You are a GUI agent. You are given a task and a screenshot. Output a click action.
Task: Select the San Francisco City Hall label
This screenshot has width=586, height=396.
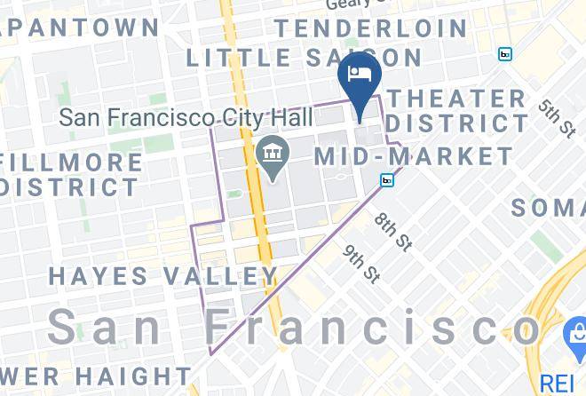tap(186, 117)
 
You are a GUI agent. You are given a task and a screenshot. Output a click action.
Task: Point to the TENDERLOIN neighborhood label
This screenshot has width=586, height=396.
tap(370, 28)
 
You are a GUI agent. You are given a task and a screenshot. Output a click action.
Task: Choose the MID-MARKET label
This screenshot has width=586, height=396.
tap(415, 157)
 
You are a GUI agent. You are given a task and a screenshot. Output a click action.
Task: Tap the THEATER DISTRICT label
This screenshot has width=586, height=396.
tap(457, 110)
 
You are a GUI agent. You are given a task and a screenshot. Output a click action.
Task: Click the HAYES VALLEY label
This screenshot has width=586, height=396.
tap(163, 275)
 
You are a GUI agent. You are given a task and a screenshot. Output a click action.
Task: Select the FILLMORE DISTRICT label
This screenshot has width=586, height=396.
tap(70, 175)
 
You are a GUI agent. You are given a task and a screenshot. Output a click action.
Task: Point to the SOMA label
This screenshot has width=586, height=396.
tap(548, 207)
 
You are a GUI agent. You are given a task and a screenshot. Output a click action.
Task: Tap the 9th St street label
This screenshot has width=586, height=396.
tap(363, 264)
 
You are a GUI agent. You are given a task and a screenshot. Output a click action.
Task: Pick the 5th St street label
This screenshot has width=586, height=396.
tap(556, 118)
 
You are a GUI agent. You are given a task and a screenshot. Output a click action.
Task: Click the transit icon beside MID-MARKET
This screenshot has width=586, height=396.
tap(387, 180)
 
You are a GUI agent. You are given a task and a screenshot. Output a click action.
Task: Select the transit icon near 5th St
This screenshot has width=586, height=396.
tap(505, 54)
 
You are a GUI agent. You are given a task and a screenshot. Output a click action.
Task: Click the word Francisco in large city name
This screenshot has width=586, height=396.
tap(373, 328)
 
